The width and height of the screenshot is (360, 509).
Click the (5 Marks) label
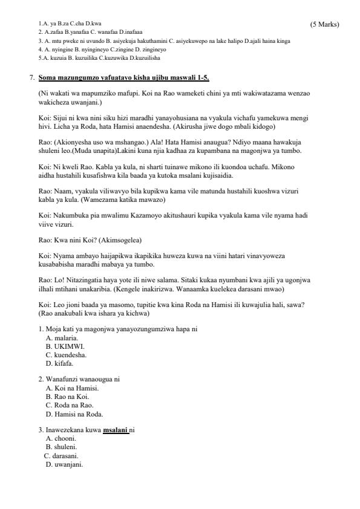pos(324,24)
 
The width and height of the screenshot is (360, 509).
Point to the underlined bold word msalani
pos(114,430)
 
